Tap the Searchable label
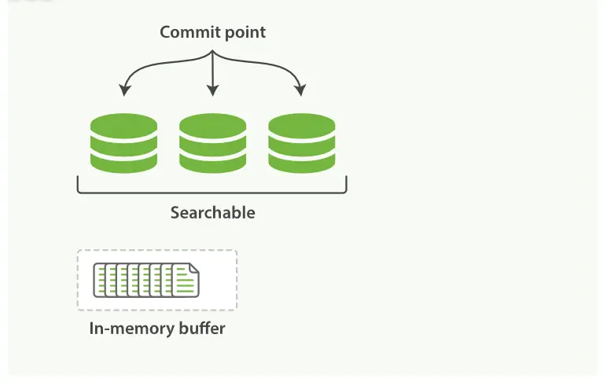coord(212,212)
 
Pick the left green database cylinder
coord(123,143)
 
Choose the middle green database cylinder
coord(212,143)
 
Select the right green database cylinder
coord(301,143)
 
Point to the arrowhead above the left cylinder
coord(123,91)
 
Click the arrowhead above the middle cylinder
coord(212,92)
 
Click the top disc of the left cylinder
coord(123,125)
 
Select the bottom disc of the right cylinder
coord(301,163)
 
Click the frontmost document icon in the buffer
coord(186,281)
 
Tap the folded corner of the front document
coord(195,268)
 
